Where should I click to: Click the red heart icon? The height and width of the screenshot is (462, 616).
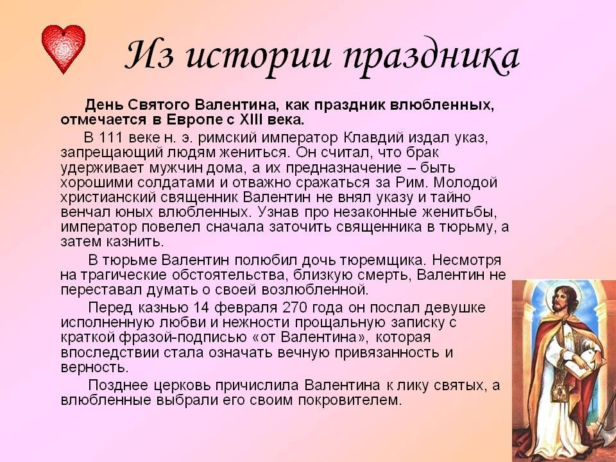click(63, 49)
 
